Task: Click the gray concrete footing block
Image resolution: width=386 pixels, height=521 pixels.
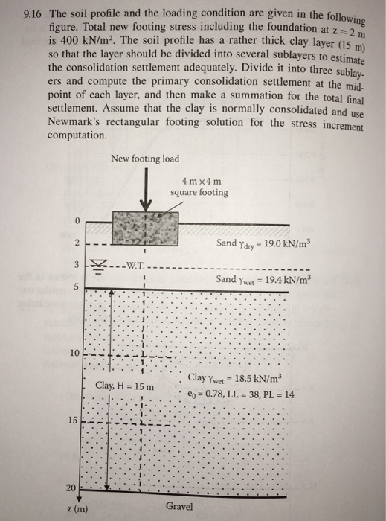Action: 146,229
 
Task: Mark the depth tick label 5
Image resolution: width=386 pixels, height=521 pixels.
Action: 76,287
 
